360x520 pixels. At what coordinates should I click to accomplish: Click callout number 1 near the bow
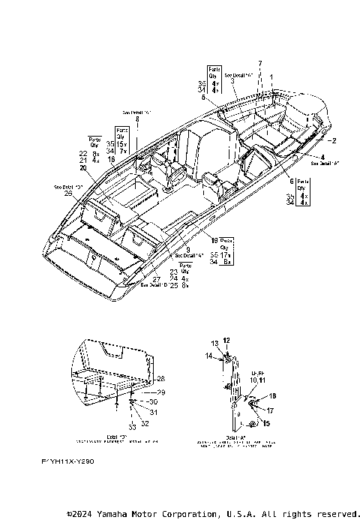(271, 77)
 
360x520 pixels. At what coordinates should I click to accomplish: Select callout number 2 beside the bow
(334, 140)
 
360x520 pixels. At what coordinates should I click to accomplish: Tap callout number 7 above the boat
(260, 62)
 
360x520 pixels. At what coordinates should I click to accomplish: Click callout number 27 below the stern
(156, 278)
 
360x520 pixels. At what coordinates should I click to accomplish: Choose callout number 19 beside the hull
(214, 241)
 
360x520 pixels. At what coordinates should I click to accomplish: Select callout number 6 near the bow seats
(292, 182)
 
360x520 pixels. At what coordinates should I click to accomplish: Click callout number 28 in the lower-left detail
(160, 380)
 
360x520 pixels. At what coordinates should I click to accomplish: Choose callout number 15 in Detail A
(266, 424)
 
